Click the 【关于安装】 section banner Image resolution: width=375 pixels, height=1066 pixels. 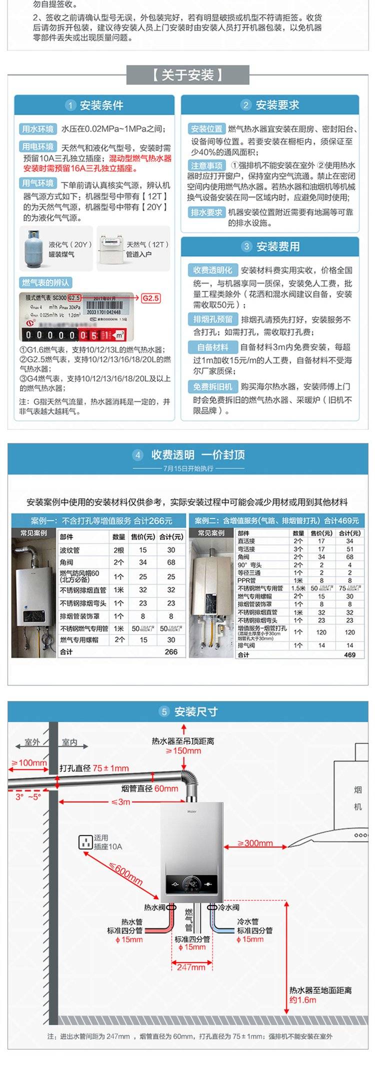[x=187, y=75]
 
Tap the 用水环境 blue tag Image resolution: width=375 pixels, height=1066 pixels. [x=38, y=129]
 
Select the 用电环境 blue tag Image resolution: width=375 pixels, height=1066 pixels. [x=38, y=146]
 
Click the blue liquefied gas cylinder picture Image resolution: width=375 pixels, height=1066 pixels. [x=33, y=248]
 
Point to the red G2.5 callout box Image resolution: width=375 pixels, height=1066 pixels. [x=150, y=298]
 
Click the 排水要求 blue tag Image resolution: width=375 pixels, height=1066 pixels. [x=206, y=212]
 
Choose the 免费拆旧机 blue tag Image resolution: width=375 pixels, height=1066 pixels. [x=213, y=386]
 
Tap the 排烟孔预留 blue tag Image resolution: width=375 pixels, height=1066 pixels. [x=213, y=319]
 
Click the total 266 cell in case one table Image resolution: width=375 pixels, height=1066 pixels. [x=171, y=652]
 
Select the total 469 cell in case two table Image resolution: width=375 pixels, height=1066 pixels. [x=349, y=654]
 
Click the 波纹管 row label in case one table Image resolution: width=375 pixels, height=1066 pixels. [x=70, y=550]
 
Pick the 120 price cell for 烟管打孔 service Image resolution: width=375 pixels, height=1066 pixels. [x=321, y=632]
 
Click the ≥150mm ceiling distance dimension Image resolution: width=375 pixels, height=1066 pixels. [x=183, y=751]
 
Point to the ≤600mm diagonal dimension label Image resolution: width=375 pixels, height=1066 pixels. [x=125, y=873]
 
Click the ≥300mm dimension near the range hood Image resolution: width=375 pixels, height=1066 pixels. [x=255, y=843]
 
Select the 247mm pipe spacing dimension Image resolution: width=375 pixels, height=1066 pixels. [x=191, y=967]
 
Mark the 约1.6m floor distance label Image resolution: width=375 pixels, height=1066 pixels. [x=303, y=1000]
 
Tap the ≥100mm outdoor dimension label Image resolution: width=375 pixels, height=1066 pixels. [x=29, y=762]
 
